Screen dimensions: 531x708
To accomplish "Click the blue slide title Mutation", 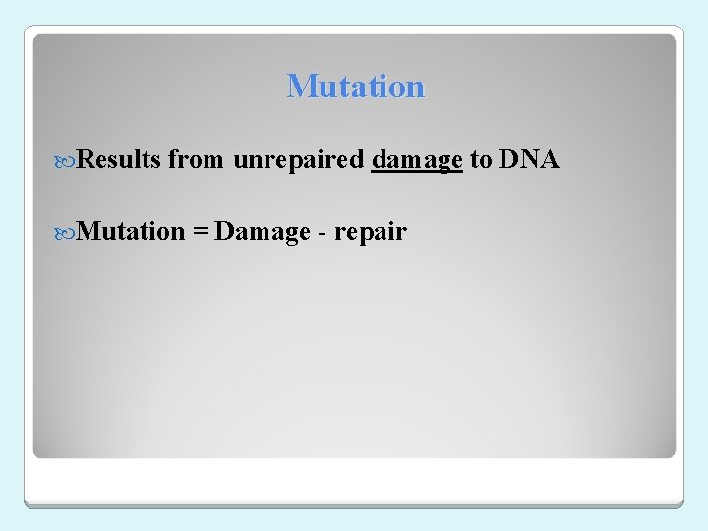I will click(x=355, y=87).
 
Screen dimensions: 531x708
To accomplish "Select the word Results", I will click(x=118, y=160).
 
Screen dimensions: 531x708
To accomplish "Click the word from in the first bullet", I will click(x=196, y=160).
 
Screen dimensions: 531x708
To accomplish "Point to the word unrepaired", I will click(x=298, y=160).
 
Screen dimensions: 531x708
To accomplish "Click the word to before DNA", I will click(x=480, y=160).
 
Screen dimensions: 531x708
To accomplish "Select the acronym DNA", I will click(x=528, y=160).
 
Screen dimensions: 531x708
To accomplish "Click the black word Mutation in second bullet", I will click(x=131, y=232).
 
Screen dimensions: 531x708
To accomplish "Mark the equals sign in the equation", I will click(x=200, y=233).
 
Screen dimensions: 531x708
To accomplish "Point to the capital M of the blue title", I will click(x=298, y=87).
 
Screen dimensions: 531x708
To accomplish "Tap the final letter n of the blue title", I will click(x=416, y=88).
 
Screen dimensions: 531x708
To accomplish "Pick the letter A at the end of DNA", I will click(x=549, y=160).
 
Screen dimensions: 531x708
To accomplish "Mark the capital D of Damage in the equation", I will click(x=223, y=232).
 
